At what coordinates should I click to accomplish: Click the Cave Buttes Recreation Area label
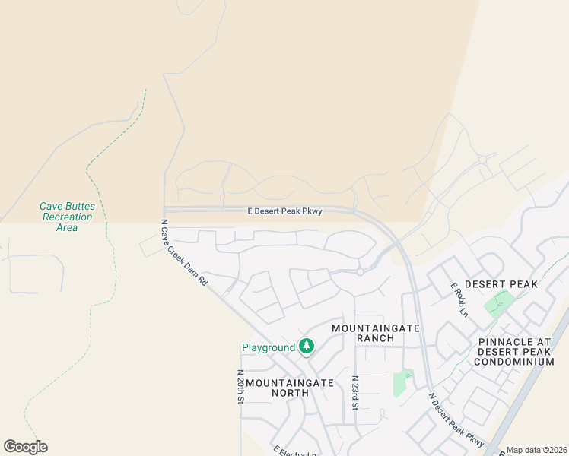67,217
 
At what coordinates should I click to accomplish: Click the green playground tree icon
306,347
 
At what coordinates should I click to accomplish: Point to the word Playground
269,348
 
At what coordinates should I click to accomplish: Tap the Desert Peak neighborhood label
501,284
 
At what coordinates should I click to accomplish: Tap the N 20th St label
240,387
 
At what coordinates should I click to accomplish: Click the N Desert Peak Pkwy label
456,419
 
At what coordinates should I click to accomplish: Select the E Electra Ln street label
294,451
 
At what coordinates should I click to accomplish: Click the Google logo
25,447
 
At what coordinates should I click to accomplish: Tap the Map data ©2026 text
537,450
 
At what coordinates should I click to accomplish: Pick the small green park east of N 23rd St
401,384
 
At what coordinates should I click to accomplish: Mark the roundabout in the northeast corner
483,160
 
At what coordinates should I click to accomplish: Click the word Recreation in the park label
67,217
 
